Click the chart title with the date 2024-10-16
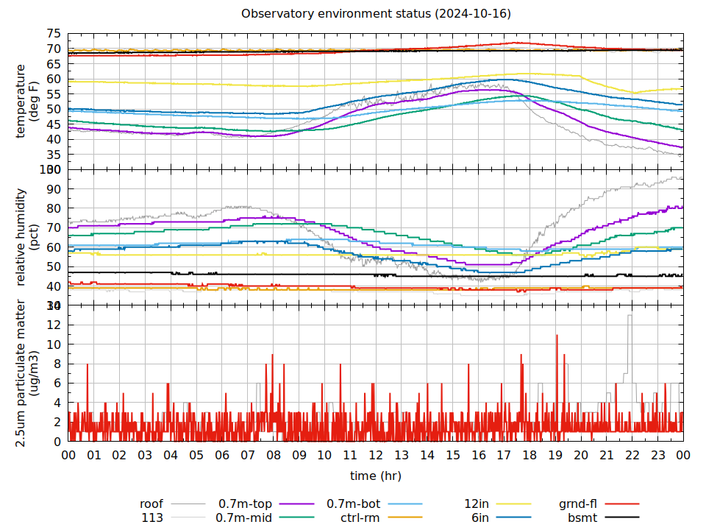click(x=376, y=14)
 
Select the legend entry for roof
click(x=151, y=504)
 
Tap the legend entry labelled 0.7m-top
click(x=245, y=504)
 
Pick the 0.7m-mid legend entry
click(x=243, y=517)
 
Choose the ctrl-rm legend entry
click(x=360, y=517)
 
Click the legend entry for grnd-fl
click(x=577, y=504)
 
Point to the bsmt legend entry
click(x=582, y=517)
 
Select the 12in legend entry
click(x=477, y=504)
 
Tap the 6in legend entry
click(x=480, y=517)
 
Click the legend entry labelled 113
click(x=152, y=517)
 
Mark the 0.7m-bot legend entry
click(x=353, y=504)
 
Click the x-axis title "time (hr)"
click(x=376, y=476)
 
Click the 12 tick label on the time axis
click(x=376, y=456)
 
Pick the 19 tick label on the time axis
click(x=555, y=456)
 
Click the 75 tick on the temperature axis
click(x=54, y=34)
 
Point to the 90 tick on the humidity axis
click(x=54, y=189)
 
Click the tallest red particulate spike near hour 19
click(x=557, y=336)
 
